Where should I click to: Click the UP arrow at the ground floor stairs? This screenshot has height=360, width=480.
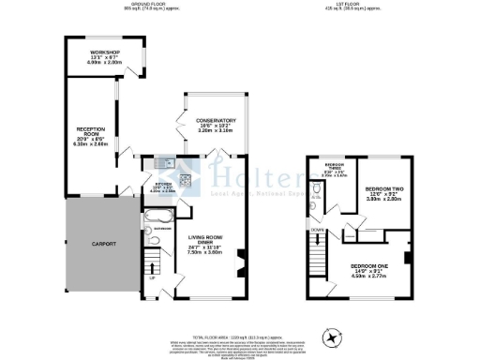(152, 277)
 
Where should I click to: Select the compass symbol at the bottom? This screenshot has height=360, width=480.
(330, 335)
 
